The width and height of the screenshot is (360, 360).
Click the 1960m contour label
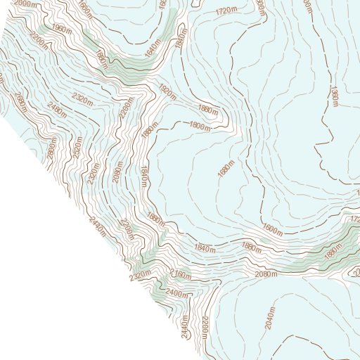(62, 30)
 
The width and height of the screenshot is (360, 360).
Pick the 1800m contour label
(200, 126)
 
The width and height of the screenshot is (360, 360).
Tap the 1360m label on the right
(335, 97)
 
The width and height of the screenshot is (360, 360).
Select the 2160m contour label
(181, 274)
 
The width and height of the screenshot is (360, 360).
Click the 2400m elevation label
(178, 294)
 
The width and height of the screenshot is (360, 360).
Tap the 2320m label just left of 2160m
(141, 274)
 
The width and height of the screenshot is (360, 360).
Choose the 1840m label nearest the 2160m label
(204, 247)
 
